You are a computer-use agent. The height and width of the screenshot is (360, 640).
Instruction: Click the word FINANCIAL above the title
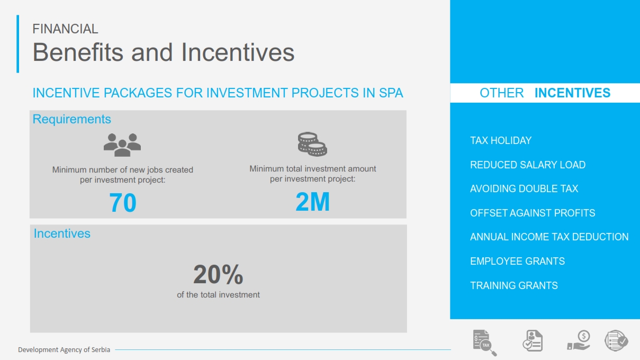[x=65, y=29]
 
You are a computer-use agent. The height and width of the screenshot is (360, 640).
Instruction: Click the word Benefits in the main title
[x=78, y=52]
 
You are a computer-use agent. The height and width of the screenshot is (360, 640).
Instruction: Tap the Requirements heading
[x=71, y=119]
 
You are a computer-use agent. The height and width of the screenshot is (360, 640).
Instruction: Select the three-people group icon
[x=122, y=145]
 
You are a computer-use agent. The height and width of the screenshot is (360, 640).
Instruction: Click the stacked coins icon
[x=312, y=145]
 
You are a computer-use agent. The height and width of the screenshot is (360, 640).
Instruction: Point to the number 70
[x=123, y=203]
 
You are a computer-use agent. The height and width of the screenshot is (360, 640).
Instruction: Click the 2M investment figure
[x=312, y=202]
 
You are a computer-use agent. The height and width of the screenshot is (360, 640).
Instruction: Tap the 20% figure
[x=218, y=274]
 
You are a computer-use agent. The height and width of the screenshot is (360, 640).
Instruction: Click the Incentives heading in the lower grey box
[x=62, y=233]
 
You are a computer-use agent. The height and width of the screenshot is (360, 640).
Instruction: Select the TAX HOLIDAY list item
[x=501, y=141]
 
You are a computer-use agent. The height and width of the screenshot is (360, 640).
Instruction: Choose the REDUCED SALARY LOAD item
[x=528, y=165]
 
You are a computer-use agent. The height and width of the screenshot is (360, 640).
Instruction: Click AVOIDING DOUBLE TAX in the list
[x=524, y=189]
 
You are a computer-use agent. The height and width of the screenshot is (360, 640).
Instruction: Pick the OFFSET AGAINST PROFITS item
[x=533, y=213]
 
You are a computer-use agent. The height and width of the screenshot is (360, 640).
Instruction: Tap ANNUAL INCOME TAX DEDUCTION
[x=549, y=237]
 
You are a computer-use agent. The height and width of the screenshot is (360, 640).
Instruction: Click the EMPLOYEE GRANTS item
[x=517, y=261]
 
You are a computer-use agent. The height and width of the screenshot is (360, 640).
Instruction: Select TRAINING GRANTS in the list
[x=514, y=285]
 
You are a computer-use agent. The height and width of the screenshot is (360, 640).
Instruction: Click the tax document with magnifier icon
[x=484, y=343]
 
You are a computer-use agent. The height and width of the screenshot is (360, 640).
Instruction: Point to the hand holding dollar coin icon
[x=579, y=340]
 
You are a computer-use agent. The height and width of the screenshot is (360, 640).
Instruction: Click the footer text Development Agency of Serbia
[x=64, y=350]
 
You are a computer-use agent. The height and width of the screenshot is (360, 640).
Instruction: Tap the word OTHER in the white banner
[x=502, y=93]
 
